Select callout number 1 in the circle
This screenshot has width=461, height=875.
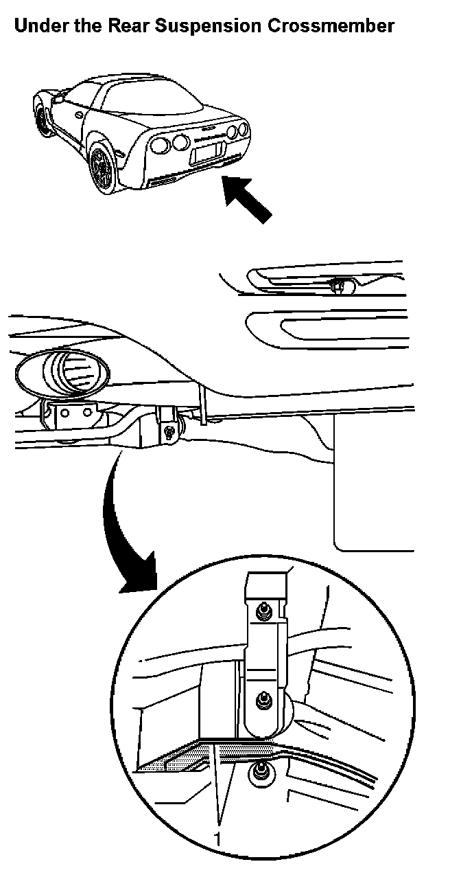tap(218, 839)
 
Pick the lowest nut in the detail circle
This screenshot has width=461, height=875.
tap(260, 773)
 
